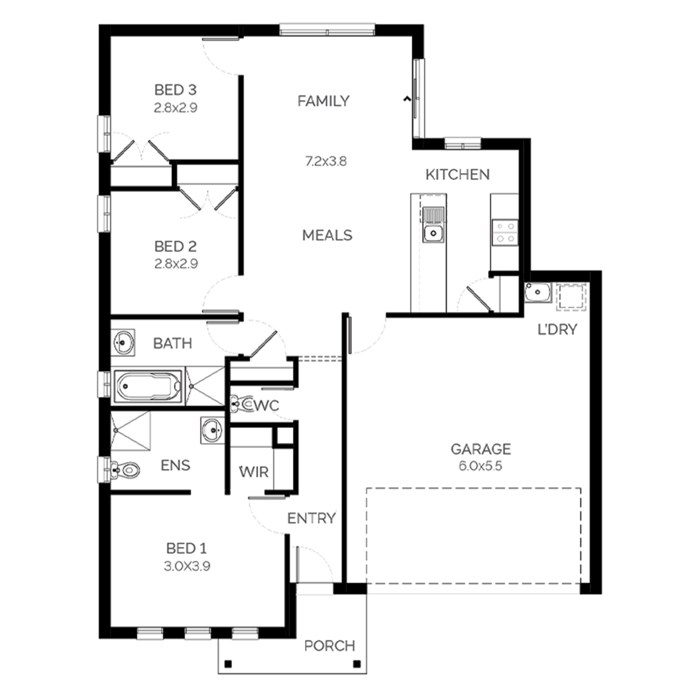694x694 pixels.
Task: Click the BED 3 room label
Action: click(175, 89)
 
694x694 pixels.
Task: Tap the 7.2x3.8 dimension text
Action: click(326, 161)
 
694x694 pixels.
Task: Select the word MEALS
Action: click(327, 235)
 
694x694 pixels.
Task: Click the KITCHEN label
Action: click(458, 174)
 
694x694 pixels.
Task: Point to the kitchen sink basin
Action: click(434, 233)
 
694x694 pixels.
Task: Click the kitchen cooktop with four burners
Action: click(505, 232)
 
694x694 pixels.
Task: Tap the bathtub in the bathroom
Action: click(148, 385)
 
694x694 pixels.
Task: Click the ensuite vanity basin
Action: click(212, 430)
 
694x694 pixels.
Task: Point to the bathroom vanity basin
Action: click(124, 343)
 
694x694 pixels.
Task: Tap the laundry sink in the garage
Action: click(538, 292)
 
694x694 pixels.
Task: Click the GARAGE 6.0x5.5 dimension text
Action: click(480, 466)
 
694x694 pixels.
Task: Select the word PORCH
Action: click(329, 646)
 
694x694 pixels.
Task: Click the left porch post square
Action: click(228, 665)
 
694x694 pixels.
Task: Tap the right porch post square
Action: click(357, 665)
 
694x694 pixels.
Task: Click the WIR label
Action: click(254, 472)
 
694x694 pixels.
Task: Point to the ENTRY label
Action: click(311, 519)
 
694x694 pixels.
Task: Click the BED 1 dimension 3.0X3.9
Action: click(187, 566)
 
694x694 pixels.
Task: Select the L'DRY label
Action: click(558, 330)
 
